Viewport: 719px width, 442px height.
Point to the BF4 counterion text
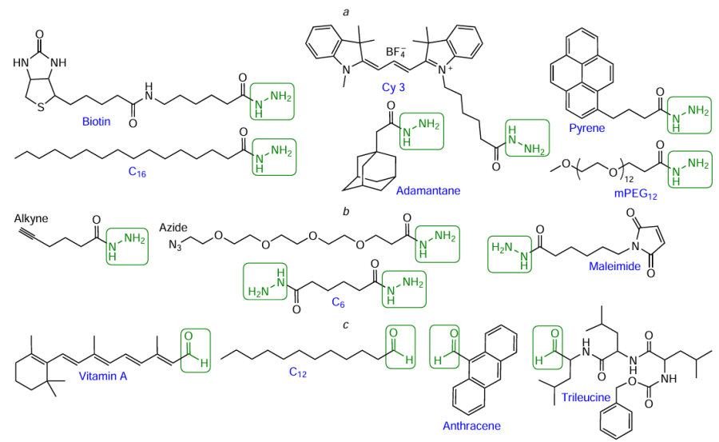coord(397,54)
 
